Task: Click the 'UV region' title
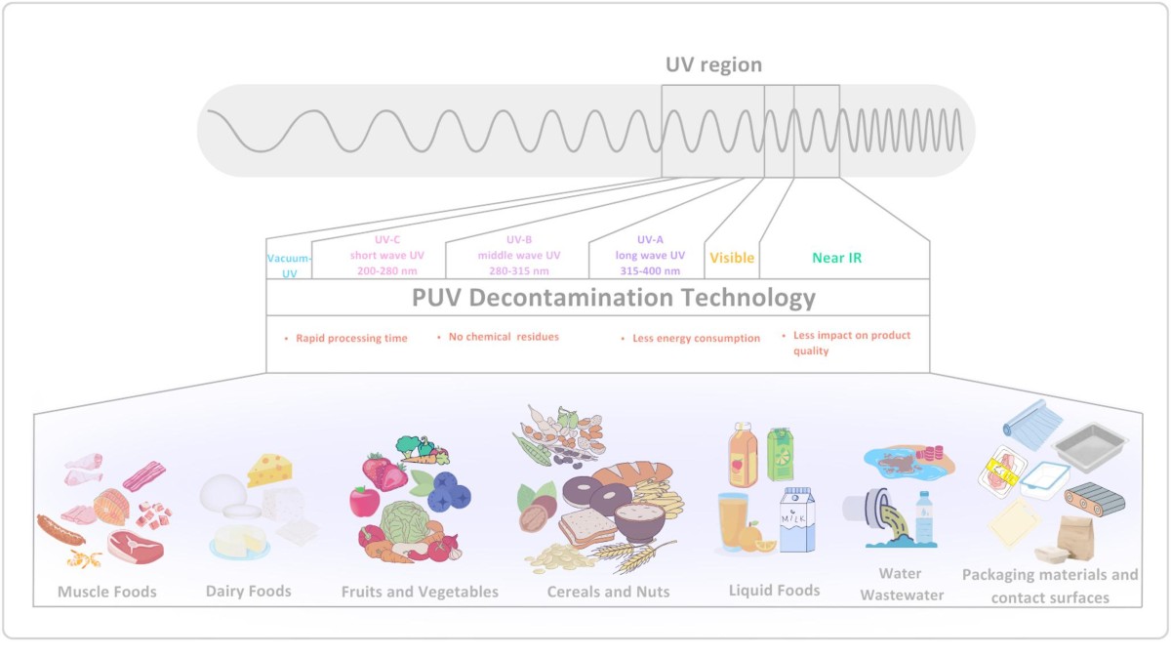coord(713,64)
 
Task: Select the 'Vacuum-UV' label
coord(289,266)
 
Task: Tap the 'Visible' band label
coord(732,258)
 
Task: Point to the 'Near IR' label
coord(836,258)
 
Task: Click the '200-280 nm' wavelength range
coord(387,271)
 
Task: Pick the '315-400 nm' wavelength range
coord(650,271)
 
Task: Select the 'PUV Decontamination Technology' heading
coord(613,298)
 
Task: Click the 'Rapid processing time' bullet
coord(351,339)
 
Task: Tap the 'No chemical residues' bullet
coord(504,337)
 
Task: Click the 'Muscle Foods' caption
coord(107,592)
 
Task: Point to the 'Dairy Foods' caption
coord(248,592)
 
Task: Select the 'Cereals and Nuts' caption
coord(608,592)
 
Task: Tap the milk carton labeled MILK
coord(797,519)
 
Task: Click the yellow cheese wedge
coord(269,470)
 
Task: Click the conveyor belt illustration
coord(1094,499)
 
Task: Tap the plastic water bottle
coord(924,518)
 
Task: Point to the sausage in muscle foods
coord(61,530)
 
